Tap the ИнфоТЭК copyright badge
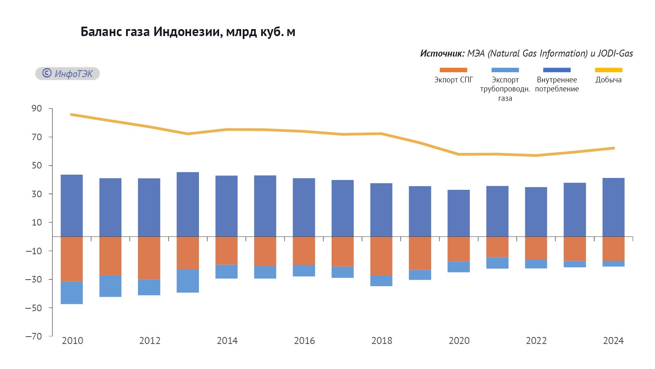pyautogui.click(x=68, y=74)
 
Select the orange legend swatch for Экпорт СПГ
pyautogui.click(x=453, y=70)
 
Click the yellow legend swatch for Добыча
pyautogui.click(x=608, y=70)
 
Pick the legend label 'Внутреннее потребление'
pyautogui.click(x=557, y=84)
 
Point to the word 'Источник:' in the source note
pyautogui.click(x=442, y=54)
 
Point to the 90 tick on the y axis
pyautogui.click(x=37, y=109)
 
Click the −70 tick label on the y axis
pyautogui.click(x=34, y=336)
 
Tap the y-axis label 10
pyautogui.click(x=37, y=222)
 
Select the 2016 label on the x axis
pyautogui.click(x=305, y=341)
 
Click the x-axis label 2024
pyautogui.click(x=613, y=341)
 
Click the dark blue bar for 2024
pyautogui.click(x=613, y=207)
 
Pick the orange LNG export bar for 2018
pyautogui.click(x=381, y=256)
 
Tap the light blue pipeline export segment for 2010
pyautogui.click(x=72, y=293)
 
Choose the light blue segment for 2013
pyautogui.click(x=188, y=281)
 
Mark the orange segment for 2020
pyautogui.click(x=458, y=249)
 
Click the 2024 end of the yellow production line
pyautogui.click(x=614, y=148)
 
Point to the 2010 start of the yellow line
pyautogui.click(x=72, y=114)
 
